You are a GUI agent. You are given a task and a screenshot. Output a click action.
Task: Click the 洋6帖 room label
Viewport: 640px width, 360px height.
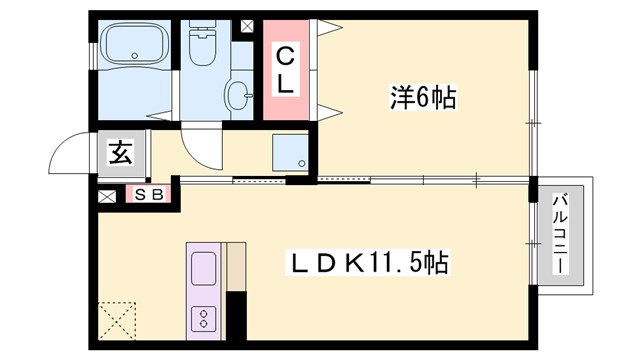click(422, 98)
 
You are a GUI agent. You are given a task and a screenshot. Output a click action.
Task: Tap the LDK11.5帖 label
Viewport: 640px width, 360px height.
click(368, 264)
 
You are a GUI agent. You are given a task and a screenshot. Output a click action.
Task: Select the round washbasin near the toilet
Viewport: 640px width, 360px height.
click(240, 96)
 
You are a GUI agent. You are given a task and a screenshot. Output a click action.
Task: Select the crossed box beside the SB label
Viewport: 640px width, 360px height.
click(106, 196)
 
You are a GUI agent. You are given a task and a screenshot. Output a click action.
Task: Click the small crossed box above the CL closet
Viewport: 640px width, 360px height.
click(247, 28)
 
